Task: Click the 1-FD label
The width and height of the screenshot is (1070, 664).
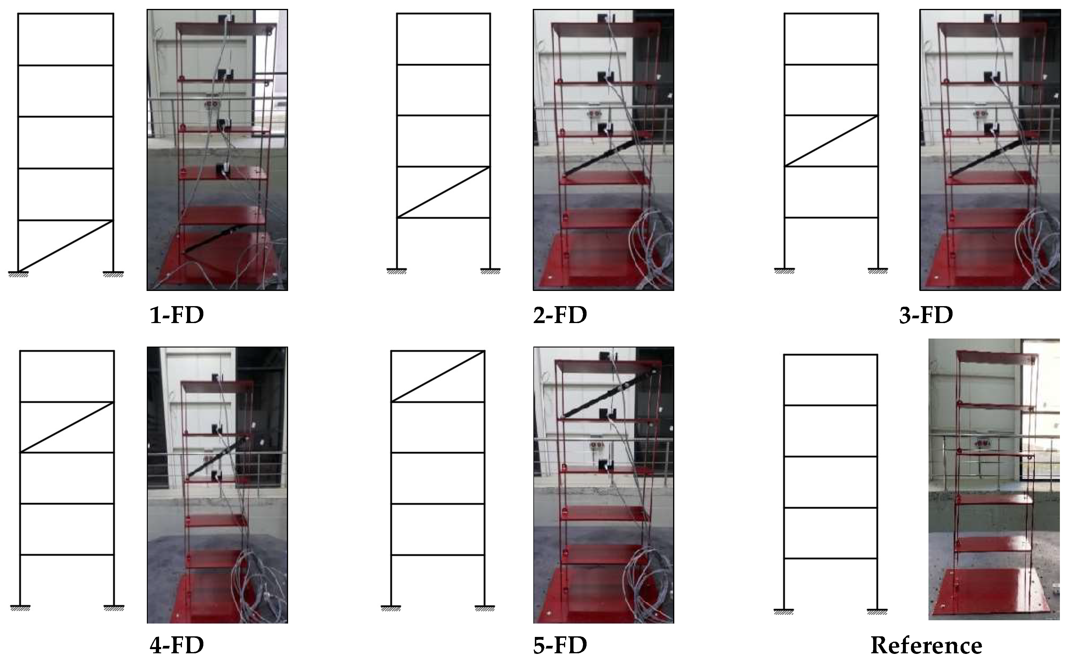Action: (177, 315)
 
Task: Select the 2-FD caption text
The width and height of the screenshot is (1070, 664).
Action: (560, 315)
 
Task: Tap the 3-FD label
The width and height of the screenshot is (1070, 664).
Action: (926, 315)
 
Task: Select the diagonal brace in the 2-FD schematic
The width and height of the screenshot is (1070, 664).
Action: (443, 192)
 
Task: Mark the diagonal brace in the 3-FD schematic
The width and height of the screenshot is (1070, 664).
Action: (831, 140)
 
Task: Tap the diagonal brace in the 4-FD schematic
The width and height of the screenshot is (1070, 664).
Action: (67, 427)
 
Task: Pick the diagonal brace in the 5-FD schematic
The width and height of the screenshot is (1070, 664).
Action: (438, 376)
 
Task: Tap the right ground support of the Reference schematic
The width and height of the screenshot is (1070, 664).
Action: (877, 612)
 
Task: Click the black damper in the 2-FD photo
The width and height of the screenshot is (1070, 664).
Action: (600, 157)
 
